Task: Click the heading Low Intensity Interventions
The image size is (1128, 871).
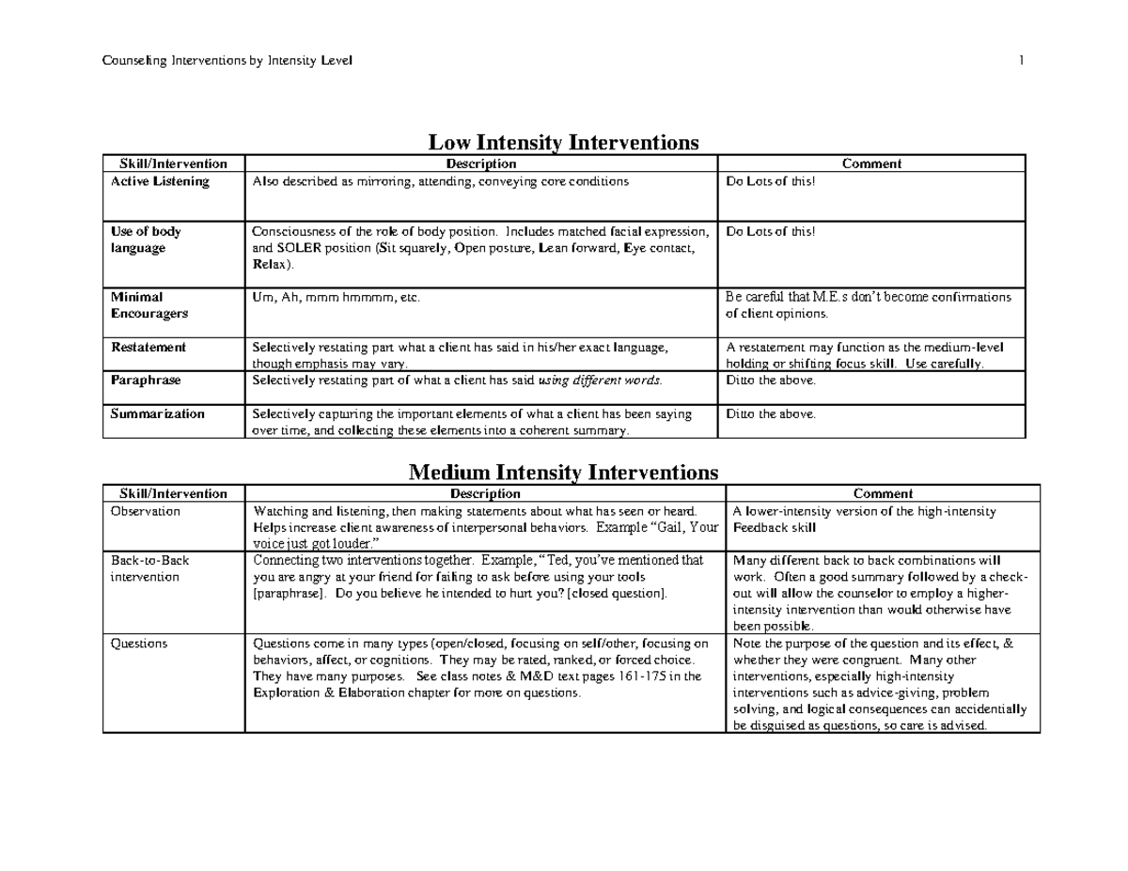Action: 563,143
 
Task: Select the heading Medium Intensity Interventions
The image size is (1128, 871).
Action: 563,472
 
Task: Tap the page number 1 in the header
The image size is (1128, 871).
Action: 1020,62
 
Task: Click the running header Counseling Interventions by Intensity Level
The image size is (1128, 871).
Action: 227,62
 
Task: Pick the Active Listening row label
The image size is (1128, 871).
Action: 160,181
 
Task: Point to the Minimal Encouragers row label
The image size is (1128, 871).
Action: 149,305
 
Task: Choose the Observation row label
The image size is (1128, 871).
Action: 145,512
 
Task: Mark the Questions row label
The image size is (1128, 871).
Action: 138,644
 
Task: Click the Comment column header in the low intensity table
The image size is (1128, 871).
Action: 871,163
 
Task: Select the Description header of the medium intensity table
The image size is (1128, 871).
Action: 484,493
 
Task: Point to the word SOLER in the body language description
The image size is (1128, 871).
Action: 303,249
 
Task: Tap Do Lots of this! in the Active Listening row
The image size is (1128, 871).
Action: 771,181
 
